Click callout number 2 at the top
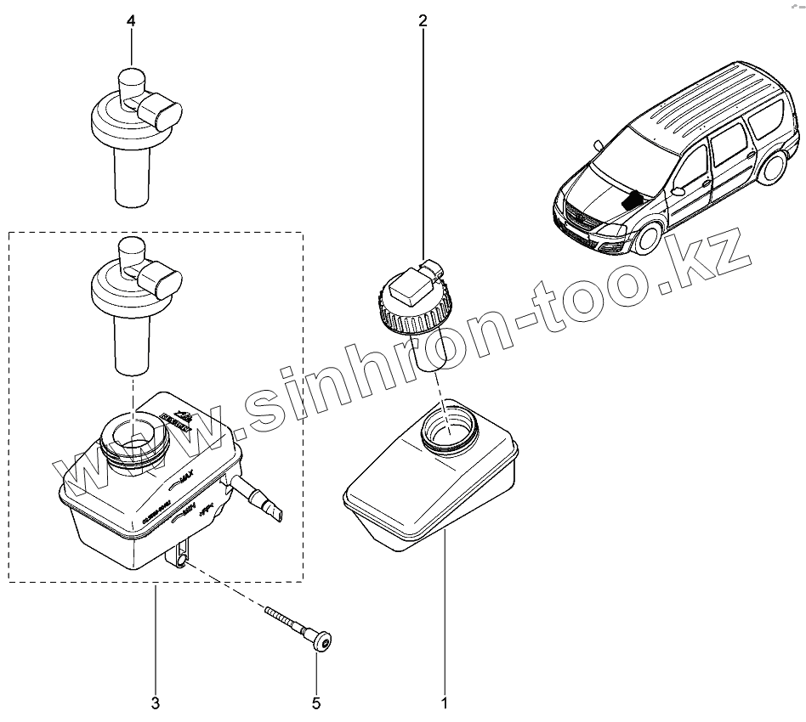tap(423, 21)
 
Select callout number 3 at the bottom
tap(156, 702)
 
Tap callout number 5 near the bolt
tap(316, 702)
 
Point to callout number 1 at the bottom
tap(444, 702)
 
